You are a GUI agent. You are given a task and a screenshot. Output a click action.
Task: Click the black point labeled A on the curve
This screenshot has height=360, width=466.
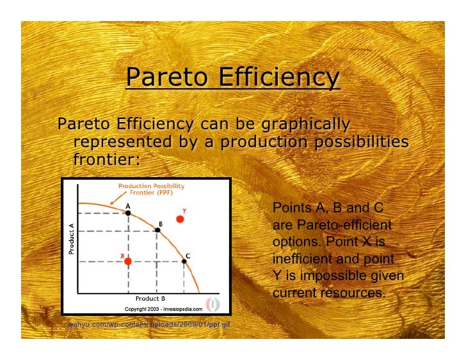click(128, 213)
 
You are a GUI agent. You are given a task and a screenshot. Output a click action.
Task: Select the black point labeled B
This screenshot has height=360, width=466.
click(157, 231)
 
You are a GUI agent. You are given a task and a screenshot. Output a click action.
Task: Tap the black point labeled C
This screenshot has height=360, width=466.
click(184, 261)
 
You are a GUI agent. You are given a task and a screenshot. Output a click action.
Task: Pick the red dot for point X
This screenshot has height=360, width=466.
click(128, 262)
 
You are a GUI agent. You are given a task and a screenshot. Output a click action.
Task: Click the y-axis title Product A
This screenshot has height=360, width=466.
click(71, 238)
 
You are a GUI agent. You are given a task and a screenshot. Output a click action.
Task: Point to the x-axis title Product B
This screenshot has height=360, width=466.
click(150, 298)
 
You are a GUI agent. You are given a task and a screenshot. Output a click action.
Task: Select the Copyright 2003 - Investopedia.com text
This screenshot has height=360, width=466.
click(163, 308)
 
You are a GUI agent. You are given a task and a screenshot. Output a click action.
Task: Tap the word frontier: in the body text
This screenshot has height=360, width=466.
click(106, 158)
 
